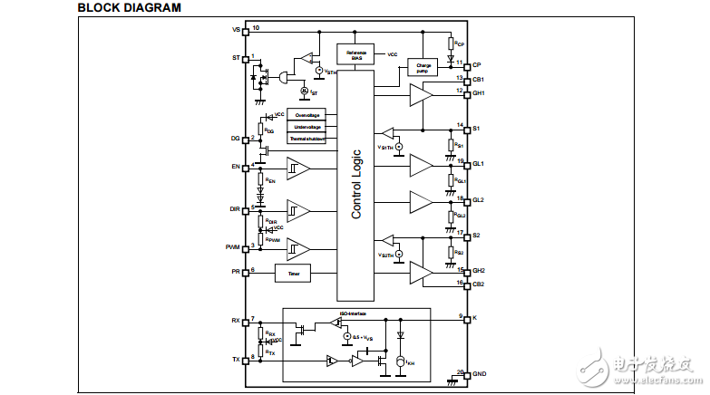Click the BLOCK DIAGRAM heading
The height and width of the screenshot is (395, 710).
tap(129, 8)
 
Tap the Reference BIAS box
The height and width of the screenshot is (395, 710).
tap(355, 54)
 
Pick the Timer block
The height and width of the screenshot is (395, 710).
tap(292, 272)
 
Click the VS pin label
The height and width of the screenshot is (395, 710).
tap(236, 30)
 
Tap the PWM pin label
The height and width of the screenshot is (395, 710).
tap(232, 247)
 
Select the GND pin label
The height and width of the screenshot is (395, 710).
tap(480, 374)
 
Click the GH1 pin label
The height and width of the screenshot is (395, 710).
tap(479, 92)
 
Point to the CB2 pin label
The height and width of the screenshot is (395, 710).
tap(479, 284)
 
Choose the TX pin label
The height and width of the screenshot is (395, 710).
tap(235, 360)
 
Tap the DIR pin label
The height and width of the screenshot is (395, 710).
tap(234, 209)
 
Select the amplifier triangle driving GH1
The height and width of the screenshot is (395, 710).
tap(421, 94)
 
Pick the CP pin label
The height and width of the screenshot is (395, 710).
tap(477, 65)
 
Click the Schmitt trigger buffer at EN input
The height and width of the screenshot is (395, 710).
tap(298, 168)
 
